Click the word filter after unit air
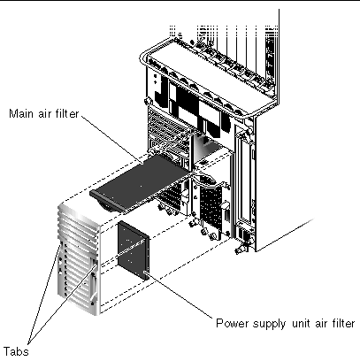pos(342,323)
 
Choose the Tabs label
pos(16,351)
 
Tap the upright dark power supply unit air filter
pos(134,250)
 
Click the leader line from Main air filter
pos(112,139)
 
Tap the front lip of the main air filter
pos(108,202)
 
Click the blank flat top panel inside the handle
pos(210,80)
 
